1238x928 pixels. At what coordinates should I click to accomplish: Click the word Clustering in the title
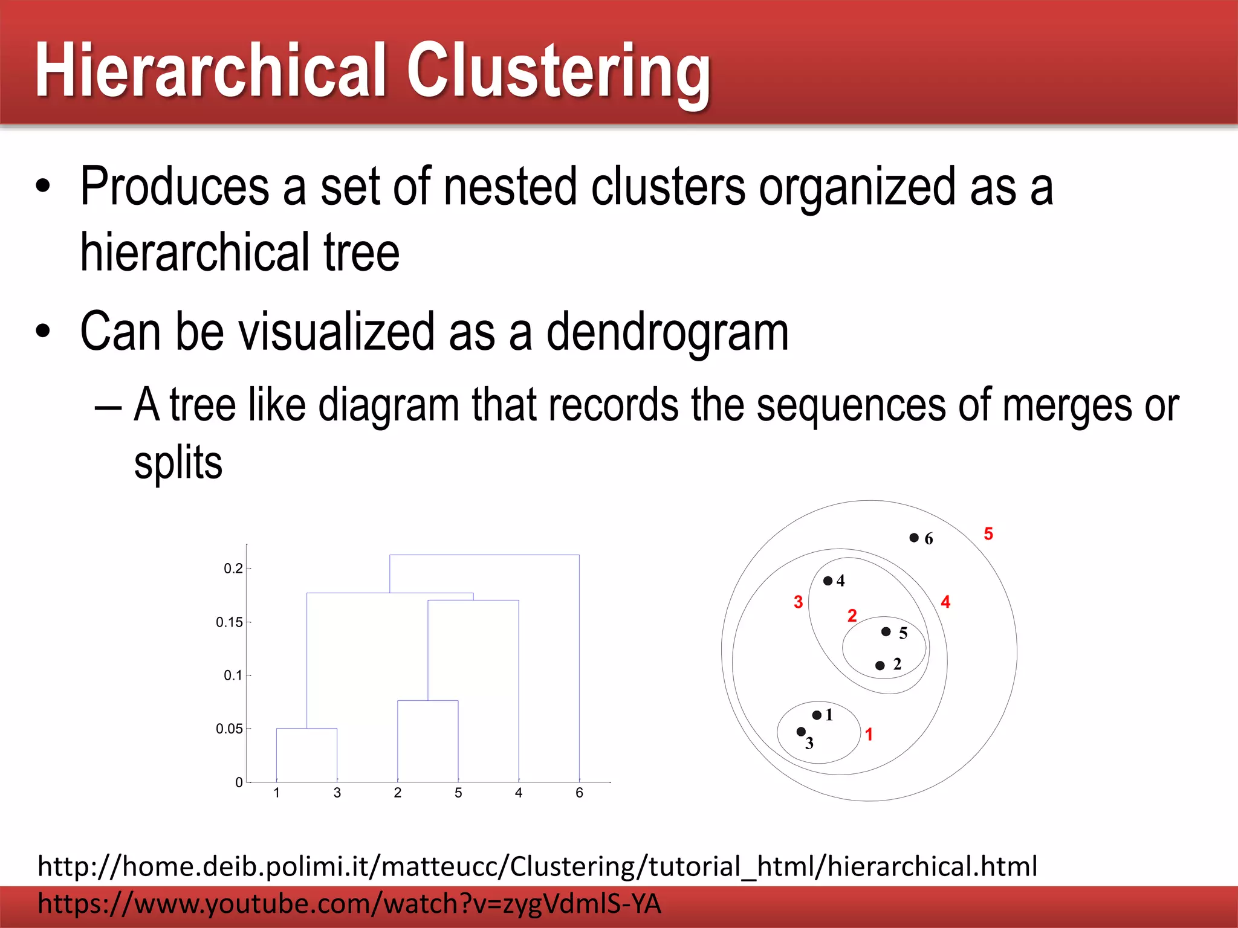[x=559, y=70]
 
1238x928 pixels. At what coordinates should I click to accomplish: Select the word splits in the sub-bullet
[x=178, y=463]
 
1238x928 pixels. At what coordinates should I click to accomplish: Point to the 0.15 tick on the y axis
[x=229, y=622]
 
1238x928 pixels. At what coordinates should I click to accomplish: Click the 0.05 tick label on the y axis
[x=229, y=729]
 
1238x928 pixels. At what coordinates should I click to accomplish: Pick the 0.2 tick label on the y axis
[x=233, y=568]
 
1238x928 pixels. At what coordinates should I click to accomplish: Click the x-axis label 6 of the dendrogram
[x=579, y=793]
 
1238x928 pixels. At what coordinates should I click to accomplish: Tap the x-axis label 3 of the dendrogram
[x=337, y=793]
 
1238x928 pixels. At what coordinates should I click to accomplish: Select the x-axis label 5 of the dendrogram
[x=458, y=793]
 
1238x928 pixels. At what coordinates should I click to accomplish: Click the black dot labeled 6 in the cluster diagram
[x=914, y=537]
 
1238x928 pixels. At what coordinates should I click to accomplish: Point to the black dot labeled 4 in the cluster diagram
[x=828, y=581]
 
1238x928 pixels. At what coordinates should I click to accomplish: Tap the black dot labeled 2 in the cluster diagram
[x=880, y=665]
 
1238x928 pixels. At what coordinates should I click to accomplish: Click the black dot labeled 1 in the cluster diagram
[x=817, y=715]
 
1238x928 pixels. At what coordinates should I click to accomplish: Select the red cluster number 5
[x=988, y=533]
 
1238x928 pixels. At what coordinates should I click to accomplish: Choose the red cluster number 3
[x=798, y=602]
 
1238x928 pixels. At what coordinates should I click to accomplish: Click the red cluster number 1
[x=869, y=734]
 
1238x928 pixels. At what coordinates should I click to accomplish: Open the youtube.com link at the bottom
[x=349, y=904]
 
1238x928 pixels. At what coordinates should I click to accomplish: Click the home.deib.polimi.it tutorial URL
[x=537, y=866]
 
